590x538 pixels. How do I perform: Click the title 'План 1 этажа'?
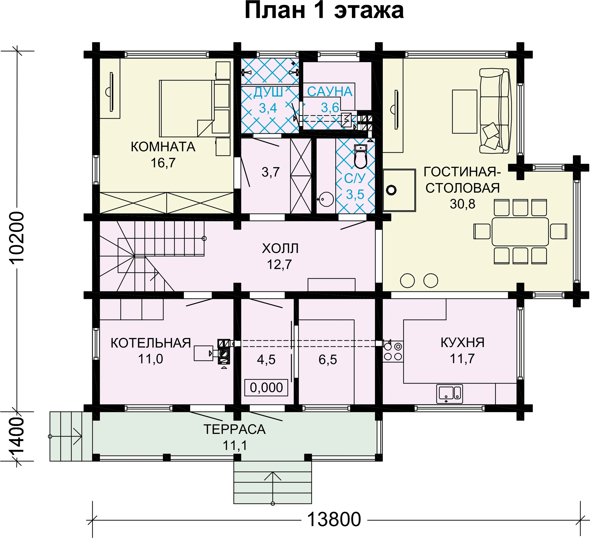[324, 11]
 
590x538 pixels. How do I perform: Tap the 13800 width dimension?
[334, 519]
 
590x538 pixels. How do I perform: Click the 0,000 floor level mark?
[266, 387]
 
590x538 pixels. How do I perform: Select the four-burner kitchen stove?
[393, 351]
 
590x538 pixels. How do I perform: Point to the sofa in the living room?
[495, 111]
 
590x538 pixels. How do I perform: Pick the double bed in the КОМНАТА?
[195, 108]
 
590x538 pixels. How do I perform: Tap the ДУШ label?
[268, 92]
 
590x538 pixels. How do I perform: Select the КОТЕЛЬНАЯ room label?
[151, 343]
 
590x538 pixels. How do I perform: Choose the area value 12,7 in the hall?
[279, 265]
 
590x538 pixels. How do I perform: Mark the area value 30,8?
[462, 204]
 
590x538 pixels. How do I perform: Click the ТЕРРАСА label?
[235, 430]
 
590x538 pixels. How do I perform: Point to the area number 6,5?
[328, 359]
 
